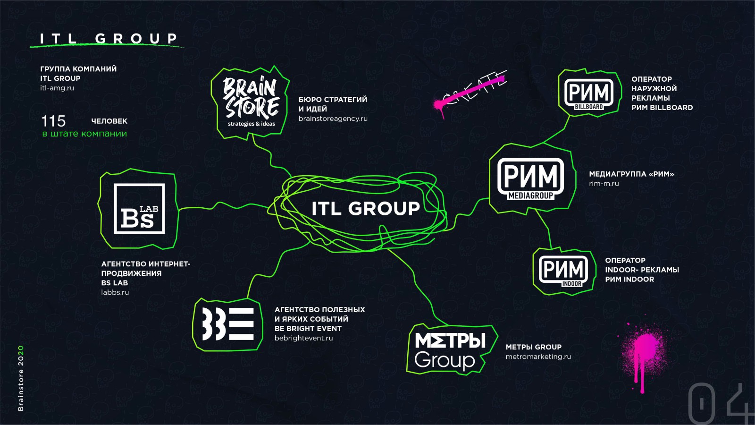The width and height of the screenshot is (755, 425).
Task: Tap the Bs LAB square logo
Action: (x=140, y=209)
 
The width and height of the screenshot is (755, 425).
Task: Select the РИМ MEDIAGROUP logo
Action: (x=530, y=179)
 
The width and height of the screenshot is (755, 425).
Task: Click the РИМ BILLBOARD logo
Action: (x=589, y=94)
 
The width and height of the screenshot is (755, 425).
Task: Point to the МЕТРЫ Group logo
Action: (x=450, y=350)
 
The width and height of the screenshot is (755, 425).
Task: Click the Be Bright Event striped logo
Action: (x=228, y=324)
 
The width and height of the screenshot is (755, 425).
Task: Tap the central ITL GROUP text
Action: (x=366, y=208)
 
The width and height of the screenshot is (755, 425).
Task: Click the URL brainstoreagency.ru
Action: (x=333, y=119)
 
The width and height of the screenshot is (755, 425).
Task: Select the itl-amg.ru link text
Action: (x=57, y=88)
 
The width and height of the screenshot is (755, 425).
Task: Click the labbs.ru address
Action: (x=115, y=292)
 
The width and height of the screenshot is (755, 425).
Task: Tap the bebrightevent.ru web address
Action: (x=304, y=338)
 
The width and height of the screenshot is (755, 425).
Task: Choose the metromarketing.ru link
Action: (x=538, y=357)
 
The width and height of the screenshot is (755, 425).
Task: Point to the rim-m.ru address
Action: (x=604, y=184)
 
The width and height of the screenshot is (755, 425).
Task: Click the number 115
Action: (x=53, y=121)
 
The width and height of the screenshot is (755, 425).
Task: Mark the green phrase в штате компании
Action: (x=84, y=134)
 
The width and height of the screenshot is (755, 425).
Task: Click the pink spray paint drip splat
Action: (x=644, y=357)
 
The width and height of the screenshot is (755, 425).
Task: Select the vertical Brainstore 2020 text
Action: (x=21, y=378)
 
